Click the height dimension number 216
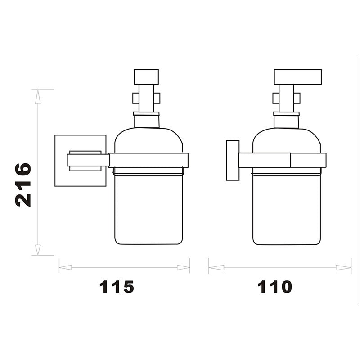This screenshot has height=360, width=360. [24, 184]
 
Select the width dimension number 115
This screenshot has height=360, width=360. [117, 286]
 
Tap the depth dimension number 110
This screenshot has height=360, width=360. [274, 286]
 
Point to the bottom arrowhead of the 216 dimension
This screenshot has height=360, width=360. [38, 250]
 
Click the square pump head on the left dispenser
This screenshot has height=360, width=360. [147, 76]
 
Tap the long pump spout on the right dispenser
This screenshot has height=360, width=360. [298, 76]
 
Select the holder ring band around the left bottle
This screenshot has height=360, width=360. [149, 160]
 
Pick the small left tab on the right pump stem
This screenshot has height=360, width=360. [276, 98]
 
